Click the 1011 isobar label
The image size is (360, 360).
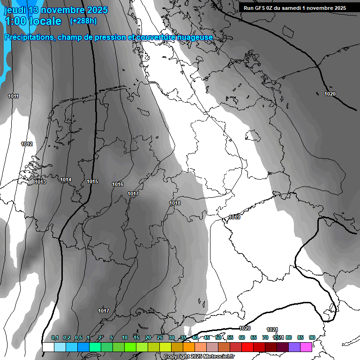pos(13,96)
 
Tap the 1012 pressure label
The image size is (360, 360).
pos(27,144)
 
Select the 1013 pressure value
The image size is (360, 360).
pos(40,182)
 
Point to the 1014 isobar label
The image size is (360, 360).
pos(66,180)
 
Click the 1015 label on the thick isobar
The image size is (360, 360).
pos(92,181)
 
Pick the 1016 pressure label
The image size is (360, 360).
pos(118,184)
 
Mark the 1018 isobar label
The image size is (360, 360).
pos(175,203)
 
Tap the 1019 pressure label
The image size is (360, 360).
pos(235,217)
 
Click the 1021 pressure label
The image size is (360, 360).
pos(272,330)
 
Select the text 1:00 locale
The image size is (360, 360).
pos(33,21)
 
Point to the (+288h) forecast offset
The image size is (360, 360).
pos(83,21)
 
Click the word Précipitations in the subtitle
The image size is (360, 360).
pos(29,37)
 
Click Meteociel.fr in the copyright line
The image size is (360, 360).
pos(219,356)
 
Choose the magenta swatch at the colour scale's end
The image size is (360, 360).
pos(306,347)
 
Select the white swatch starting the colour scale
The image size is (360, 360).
pos(48,347)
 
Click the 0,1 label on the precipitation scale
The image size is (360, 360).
pos(55,337)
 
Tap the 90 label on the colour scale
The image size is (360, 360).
pos(312,337)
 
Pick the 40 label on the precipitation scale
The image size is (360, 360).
pos(195,337)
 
